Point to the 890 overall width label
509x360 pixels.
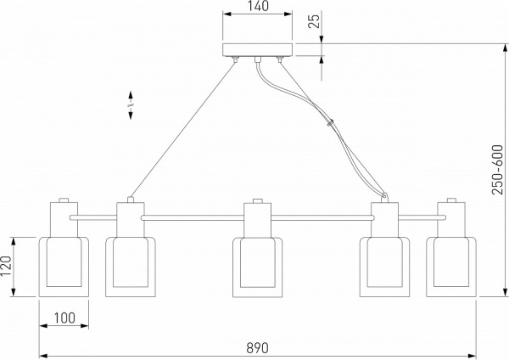pos(257,348)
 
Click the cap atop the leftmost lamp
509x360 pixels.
pos(63,203)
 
